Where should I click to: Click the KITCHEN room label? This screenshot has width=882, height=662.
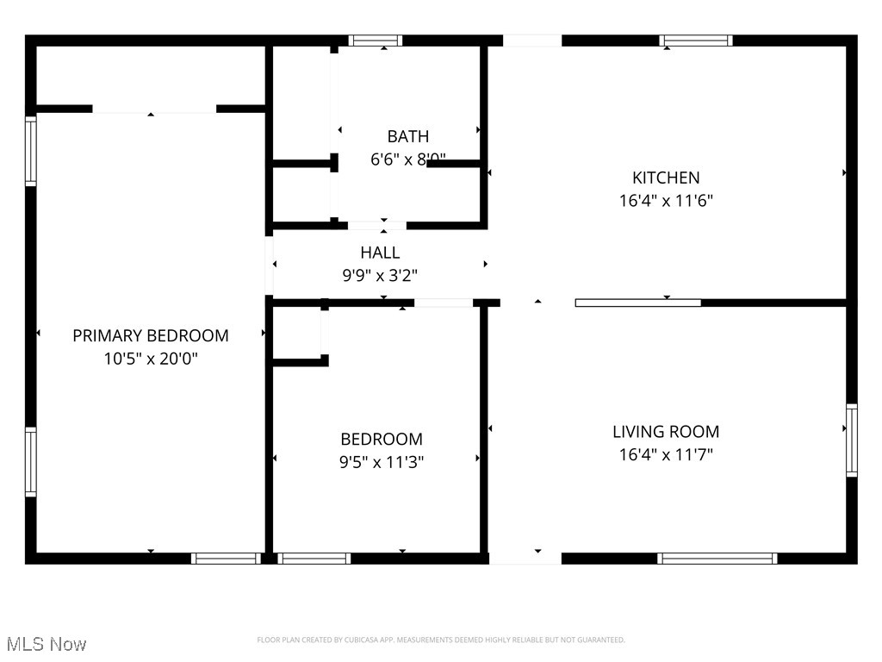click(x=666, y=178)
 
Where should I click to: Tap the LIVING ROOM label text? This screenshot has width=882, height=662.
click(x=666, y=432)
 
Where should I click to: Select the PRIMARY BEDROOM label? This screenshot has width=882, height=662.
click(x=151, y=335)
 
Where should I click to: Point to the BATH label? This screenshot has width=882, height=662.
click(x=407, y=136)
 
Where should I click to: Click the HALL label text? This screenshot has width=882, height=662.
click(x=380, y=253)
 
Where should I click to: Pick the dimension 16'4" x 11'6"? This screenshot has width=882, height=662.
click(x=666, y=201)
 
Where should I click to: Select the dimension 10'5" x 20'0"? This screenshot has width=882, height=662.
click(x=151, y=359)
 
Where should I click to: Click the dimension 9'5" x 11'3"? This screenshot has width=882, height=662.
click(x=381, y=462)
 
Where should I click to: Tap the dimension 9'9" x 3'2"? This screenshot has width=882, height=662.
click(x=380, y=276)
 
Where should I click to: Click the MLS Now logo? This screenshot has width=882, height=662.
click(x=46, y=644)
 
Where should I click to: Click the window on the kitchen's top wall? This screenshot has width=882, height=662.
click(x=696, y=40)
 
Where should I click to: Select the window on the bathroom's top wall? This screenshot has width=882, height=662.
click(x=376, y=40)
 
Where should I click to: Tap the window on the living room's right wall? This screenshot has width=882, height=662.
click(x=851, y=440)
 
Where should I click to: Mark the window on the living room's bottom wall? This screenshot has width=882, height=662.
click(x=717, y=559)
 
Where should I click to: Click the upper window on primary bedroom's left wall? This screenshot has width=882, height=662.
click(x=31, y=152)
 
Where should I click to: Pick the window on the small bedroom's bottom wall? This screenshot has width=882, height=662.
click(x=314, y=559)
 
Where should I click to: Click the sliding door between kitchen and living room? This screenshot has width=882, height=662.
click(x=637, y=303)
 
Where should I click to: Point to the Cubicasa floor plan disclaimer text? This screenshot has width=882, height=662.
click(x=441, y=640)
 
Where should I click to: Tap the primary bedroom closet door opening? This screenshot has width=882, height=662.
click(x=154, y=109)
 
